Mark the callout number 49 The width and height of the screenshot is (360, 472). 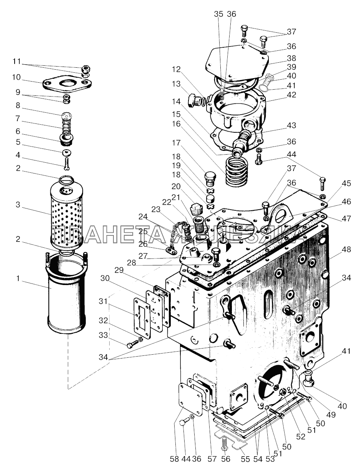pyautogui.click(x=331, y=415)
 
